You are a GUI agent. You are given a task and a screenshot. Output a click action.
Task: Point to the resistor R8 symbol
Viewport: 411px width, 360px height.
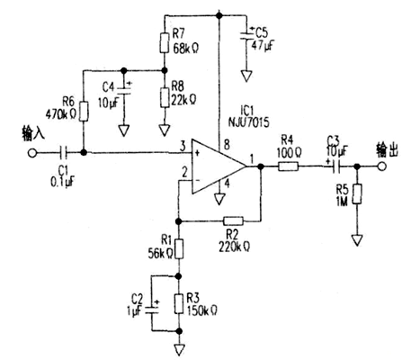(x=163, y=94)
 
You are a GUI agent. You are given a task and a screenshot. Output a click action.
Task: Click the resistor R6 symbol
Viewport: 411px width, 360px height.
(x=83, y=111)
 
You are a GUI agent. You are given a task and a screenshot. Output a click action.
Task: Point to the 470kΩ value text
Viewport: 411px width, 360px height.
(x=59, y=115)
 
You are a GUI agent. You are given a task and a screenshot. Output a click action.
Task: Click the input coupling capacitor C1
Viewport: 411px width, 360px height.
(x=63, y=152)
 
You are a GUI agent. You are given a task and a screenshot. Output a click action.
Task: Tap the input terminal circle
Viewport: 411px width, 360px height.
(x=33, y=152)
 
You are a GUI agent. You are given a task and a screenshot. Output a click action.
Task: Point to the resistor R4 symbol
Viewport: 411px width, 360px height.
(x=289, y=166)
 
